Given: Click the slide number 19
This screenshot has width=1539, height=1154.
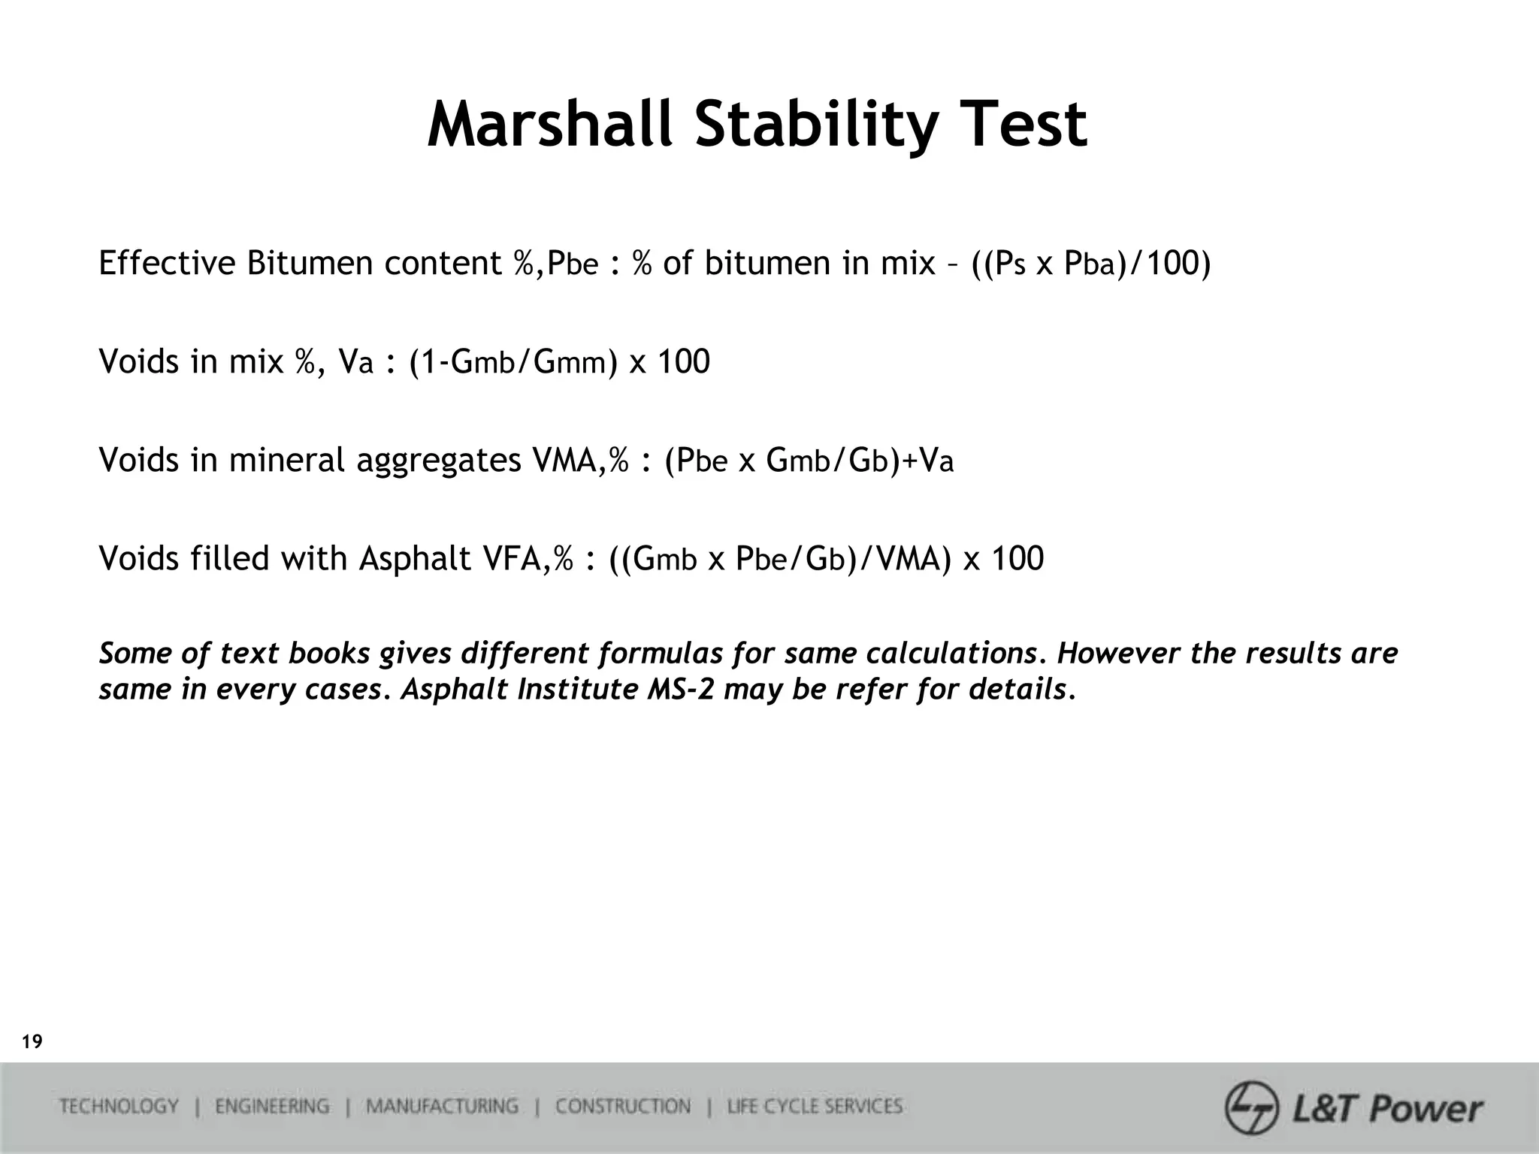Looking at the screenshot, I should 32,1042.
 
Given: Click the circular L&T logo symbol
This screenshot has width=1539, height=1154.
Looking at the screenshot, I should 1251,1107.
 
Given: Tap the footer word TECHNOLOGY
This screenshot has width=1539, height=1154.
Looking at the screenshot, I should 119,1107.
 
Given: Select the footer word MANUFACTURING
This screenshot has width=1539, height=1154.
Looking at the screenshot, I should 442,1107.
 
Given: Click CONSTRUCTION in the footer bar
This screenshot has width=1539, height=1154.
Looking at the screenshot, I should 622,1107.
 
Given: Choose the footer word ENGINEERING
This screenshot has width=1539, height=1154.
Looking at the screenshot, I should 271,1107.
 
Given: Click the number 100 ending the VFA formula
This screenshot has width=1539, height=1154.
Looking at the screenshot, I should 1017,558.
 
